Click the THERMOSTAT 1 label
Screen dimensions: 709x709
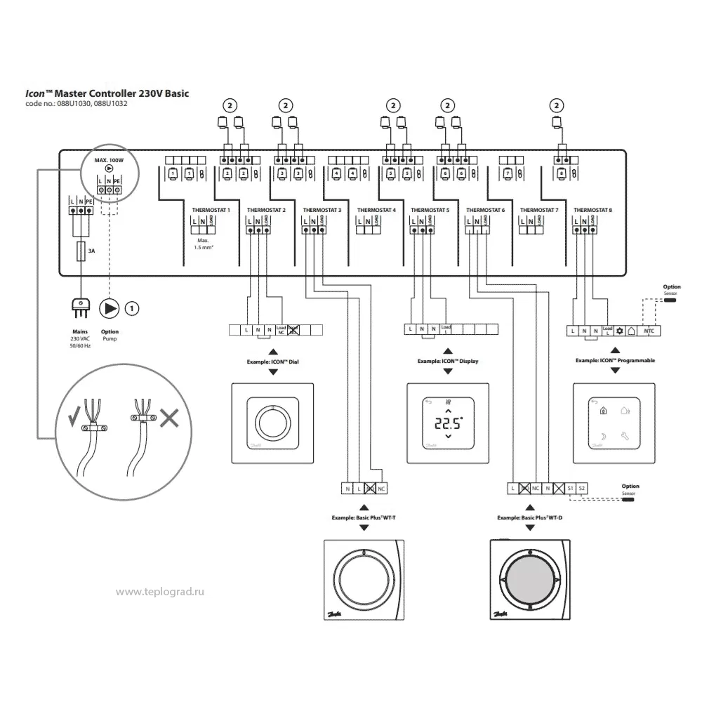point(211,210)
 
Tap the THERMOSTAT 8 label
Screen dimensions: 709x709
point(592,210)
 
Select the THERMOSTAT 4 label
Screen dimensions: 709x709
point(376,210)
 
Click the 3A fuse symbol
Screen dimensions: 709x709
point(82,251)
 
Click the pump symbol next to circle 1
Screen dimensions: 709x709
point(110,307)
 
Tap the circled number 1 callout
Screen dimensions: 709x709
point(132,307)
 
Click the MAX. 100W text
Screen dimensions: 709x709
point(109,161)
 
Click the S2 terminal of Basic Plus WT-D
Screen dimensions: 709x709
point(582,487)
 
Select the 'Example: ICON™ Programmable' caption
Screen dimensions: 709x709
point(615,360)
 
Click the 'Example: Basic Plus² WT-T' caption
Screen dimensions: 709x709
point(364,518)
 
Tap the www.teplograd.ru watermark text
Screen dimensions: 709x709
point(160,592)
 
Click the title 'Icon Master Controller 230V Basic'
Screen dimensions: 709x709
point(107,93)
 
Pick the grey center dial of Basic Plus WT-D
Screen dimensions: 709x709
point(530,579)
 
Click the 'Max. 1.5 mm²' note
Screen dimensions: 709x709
point(204,243)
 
